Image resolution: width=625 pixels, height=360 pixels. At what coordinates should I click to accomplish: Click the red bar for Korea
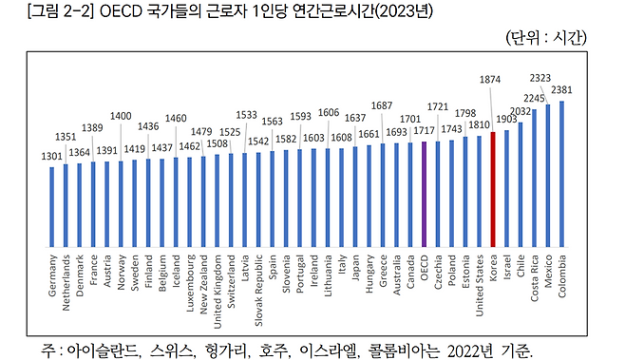(x=493, y=190)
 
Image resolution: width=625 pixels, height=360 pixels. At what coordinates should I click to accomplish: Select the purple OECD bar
(x=425, y=195)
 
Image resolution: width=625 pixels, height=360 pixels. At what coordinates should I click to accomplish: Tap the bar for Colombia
(x=561, y=173)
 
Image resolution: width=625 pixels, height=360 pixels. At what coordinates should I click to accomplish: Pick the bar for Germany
(x=52, y=209)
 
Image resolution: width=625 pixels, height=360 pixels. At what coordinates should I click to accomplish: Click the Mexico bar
(x=548, y=176)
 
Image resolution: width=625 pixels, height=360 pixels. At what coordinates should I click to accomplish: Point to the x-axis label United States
(x=479, y=284)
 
